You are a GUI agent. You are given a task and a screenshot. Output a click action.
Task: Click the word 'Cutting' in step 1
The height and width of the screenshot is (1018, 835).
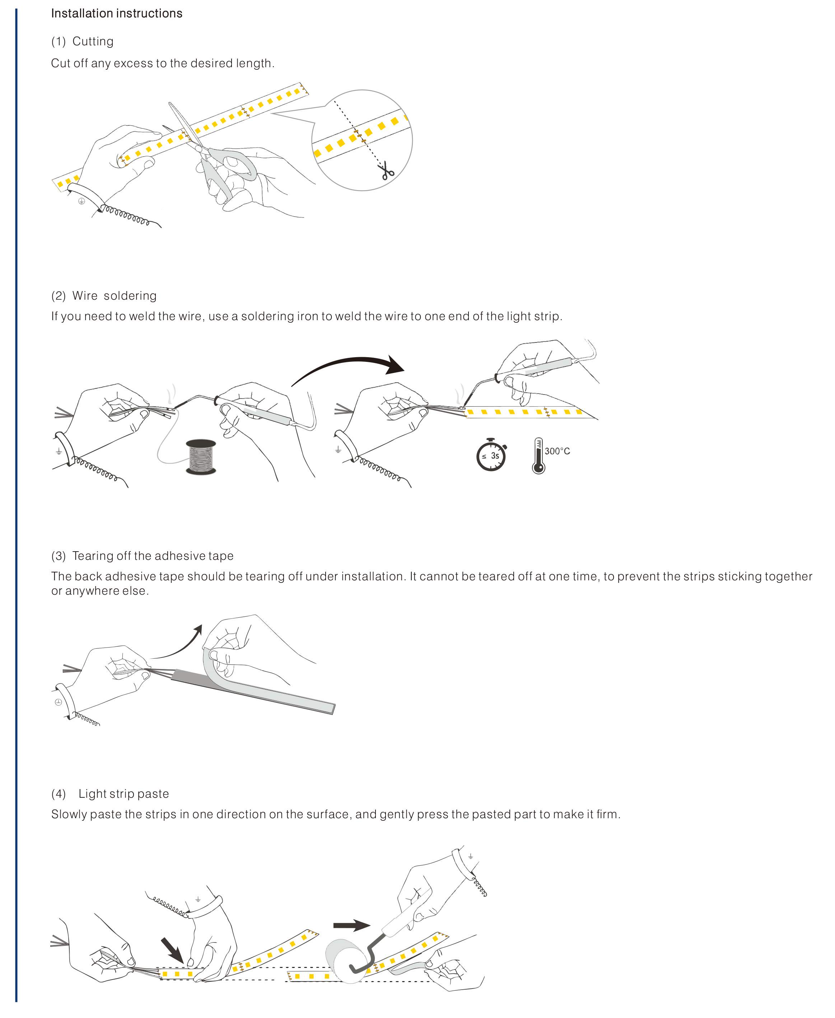tap(93, 41)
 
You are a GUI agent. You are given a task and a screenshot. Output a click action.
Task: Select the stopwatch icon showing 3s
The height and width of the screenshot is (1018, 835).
tap(491, 455)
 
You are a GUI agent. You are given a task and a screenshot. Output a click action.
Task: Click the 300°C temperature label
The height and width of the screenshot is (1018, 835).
tap(557, 451)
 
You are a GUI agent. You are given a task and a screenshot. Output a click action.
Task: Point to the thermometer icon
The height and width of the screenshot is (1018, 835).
tap(538, 456)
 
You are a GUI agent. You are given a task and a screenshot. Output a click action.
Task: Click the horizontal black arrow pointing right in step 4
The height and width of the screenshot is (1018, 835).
tap(351, 925)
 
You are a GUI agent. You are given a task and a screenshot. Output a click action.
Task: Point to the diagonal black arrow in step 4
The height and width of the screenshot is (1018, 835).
tap(172, 949)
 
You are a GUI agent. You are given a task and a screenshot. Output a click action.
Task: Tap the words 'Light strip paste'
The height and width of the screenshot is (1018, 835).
tap(123, 794)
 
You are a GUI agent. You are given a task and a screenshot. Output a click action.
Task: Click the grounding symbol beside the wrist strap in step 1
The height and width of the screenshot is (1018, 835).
tap(81, 201)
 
